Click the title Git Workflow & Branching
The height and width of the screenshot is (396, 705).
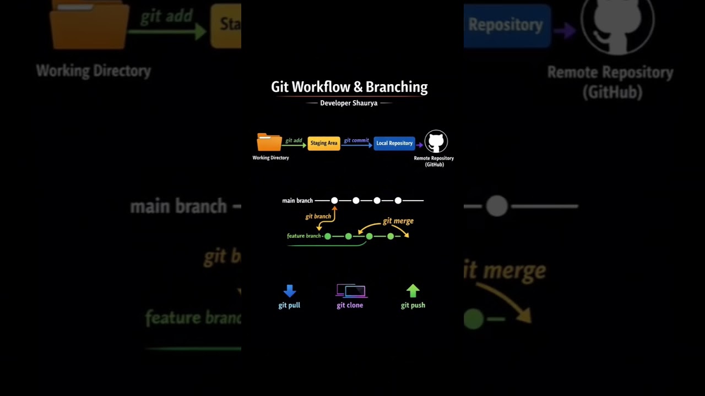349,87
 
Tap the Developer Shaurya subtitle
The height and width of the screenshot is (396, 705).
349,103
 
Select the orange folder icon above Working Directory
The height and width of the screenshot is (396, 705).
269,142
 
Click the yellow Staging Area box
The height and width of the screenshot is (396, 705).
324,143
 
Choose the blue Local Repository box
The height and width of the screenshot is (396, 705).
394,143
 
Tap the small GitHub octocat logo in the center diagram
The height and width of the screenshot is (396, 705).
436,142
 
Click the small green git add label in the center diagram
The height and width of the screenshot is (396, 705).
294,140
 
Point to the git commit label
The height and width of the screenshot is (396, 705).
356,140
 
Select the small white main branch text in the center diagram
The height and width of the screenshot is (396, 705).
297,201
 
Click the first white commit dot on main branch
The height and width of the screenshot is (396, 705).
334,201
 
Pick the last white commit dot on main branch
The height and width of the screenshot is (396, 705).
398,201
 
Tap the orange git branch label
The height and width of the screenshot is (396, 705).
318,216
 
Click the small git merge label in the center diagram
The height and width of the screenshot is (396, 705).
398,221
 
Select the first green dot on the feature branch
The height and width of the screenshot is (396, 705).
328,236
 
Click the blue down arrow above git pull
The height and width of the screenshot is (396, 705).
290,291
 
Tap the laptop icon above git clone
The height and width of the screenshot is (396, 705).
351,290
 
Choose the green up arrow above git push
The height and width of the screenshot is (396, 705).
413,291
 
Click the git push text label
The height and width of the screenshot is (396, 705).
413,305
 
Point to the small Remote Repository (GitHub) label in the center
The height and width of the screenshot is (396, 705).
434,161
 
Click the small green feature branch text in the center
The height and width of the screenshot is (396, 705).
303,236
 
